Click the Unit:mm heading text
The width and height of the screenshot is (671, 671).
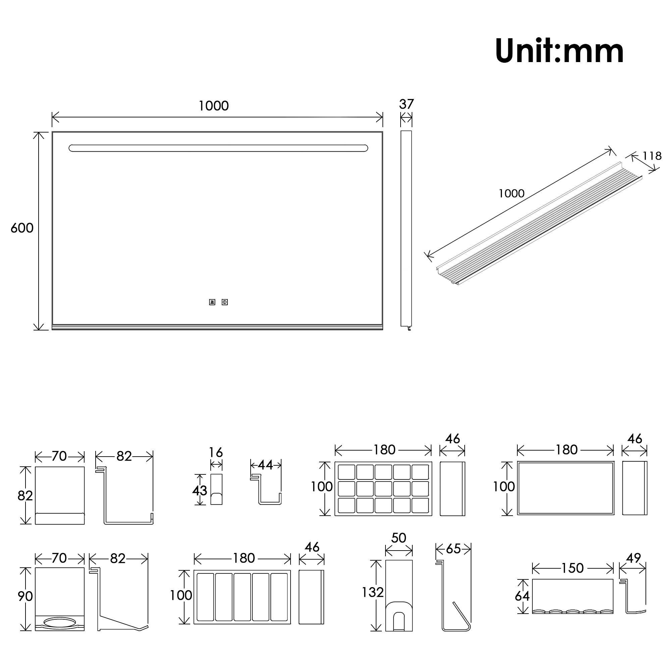pyautogui.click(x=559, y=51)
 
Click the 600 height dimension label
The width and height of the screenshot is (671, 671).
pyautogui.click(x=22, y=228)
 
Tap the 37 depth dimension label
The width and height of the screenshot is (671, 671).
pyautogui.click(x=406, y=104)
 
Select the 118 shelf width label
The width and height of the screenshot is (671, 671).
pyautogui.click(x=652, y=156)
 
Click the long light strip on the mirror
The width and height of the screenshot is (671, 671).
pyautogui.click(x=218, y=148)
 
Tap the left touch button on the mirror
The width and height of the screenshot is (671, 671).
pyautogui.click(x=212, y=302)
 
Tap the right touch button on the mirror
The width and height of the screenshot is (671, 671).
pyautogui.click(x=225, y=302)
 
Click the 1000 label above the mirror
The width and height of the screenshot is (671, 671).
pyautogui.click(x=214, y=106)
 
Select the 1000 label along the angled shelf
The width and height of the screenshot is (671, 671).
pyautogui.click(x=511, y=194)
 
